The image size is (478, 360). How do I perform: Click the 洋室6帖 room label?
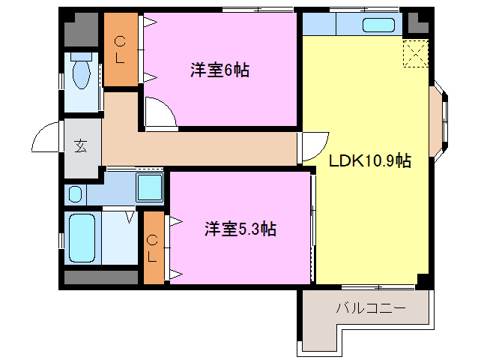pos(219,71)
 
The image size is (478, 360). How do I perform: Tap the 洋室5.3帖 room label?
pos(240,229)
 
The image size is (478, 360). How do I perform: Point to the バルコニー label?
pos(370,308)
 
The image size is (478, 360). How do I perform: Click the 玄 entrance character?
pos(80,145)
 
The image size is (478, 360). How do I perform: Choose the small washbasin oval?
pos(75,194)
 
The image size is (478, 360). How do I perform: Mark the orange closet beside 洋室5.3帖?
pos(153,248)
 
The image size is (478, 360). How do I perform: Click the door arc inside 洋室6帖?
pos(160,113)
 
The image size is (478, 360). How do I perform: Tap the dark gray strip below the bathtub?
pos(100,277)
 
